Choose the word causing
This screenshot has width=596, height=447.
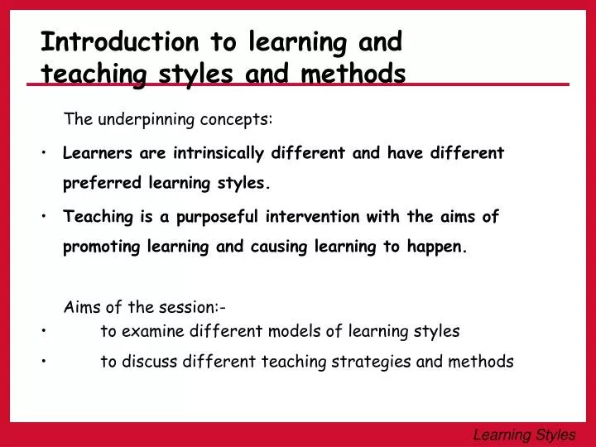(x=281, y=247)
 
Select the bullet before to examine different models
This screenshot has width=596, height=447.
(x=42, y=332)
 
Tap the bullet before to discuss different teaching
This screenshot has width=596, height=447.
(x=42, y=362)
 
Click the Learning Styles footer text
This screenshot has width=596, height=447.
(x=523, y=433)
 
